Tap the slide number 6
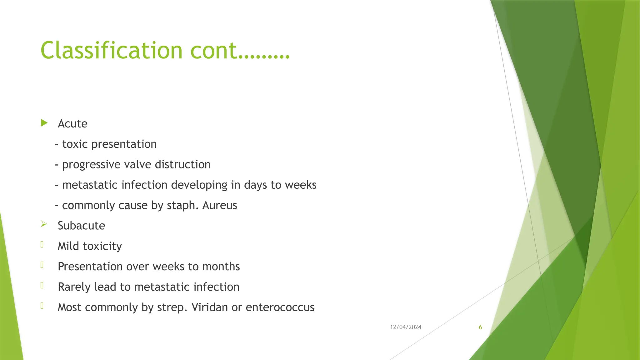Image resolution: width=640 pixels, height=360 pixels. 480,327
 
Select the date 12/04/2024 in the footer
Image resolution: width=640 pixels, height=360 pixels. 406,327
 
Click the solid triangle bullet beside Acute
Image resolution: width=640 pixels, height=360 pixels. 44,123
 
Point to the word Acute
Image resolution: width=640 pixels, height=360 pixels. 72,124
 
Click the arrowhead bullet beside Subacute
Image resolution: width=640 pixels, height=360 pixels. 44,224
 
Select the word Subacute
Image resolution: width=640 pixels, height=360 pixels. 81,226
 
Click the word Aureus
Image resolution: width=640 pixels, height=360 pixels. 220,205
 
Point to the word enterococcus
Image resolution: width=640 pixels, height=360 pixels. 280,307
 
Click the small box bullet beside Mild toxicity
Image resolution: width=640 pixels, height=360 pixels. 42,245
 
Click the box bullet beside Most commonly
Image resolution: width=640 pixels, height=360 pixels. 42,306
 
